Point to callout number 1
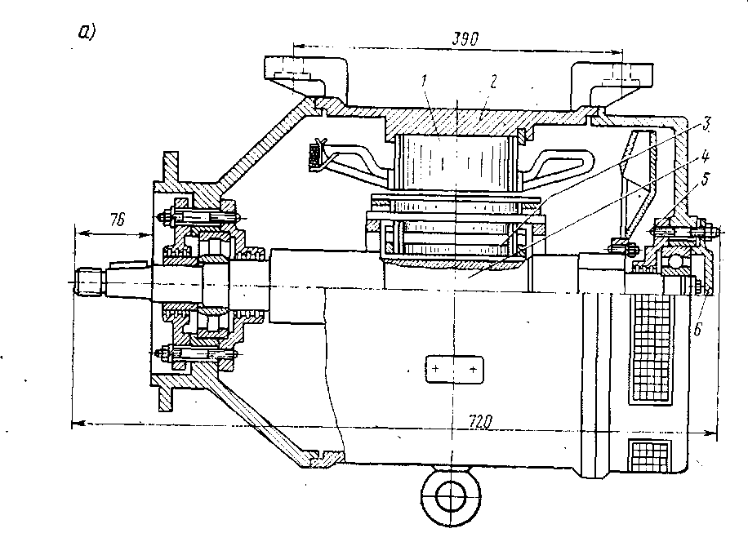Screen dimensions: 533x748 425,82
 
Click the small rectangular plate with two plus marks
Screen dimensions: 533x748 453,369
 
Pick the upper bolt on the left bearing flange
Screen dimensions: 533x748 196,217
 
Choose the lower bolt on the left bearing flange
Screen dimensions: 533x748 196,355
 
